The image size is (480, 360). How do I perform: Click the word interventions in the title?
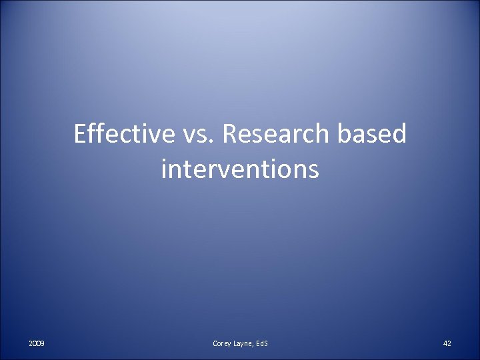click(x=240, y=169)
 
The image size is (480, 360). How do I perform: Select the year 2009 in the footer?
click(x=37, y=343)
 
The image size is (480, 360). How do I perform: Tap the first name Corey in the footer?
click(x=223, y=343)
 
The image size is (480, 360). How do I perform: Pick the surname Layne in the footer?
click(x=247, y=343)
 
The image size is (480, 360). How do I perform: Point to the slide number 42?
click(x=447, y=343)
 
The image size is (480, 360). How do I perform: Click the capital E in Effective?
click(x=81, y=135)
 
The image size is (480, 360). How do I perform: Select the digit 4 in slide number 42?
click(x=445, y=343)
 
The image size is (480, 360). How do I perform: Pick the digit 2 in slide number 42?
click(x=449, y=343)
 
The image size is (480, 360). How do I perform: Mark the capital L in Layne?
click(x=238, y=343)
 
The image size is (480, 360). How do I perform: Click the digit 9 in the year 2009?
click(x=43, y=343)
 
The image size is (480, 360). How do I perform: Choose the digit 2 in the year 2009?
click(x=31, y=343)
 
